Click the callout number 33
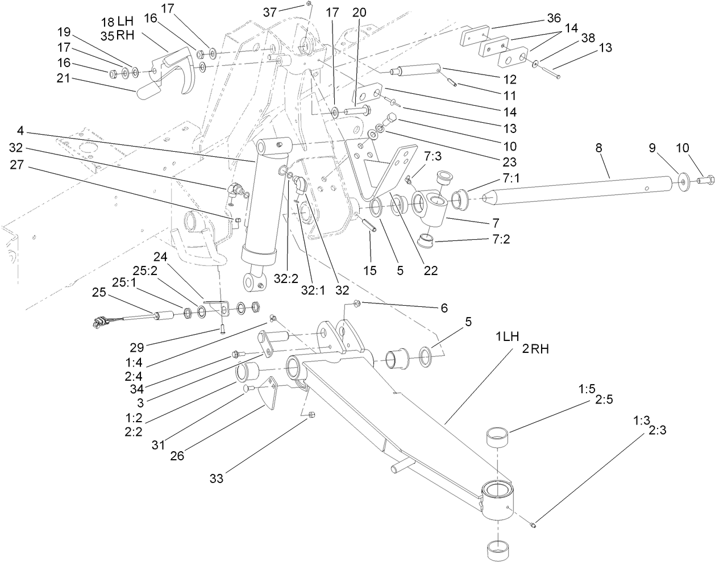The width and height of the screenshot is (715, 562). coord(215,478)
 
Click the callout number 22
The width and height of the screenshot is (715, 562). coord(430,270)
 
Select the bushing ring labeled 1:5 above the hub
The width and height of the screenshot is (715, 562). coord(498,438)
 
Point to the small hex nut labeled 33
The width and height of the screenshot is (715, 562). coord(311,417)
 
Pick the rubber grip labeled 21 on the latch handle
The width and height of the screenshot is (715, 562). coord(149,89)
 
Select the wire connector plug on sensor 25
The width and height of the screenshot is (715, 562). coord(103,324)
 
